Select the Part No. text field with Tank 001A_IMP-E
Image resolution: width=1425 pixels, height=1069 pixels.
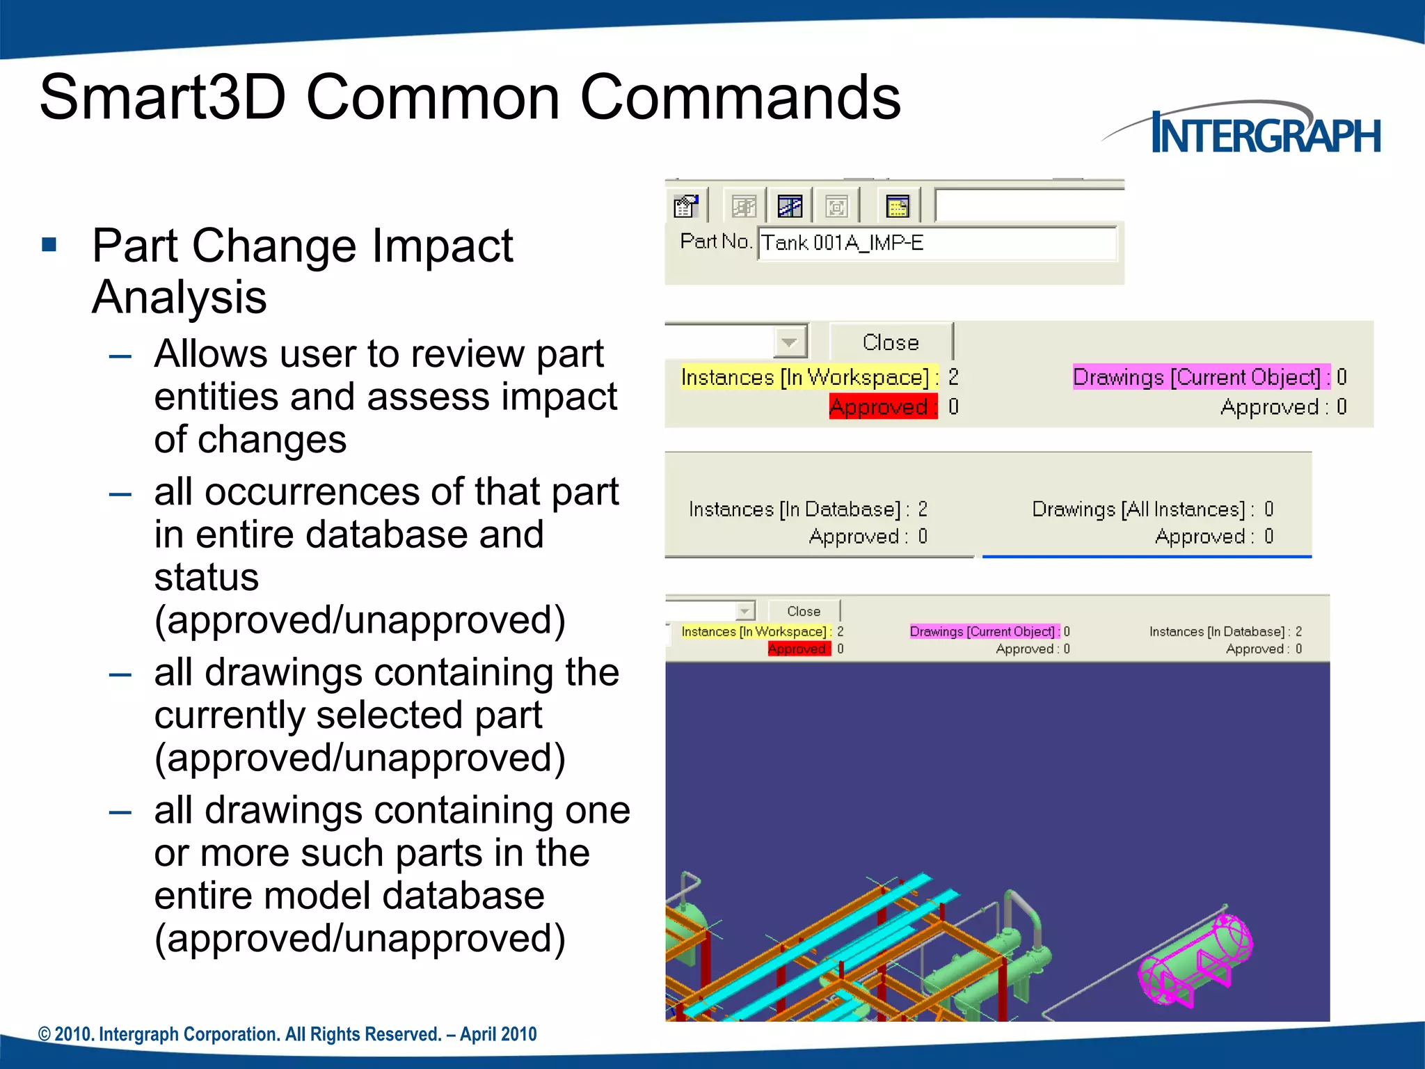pos(936,243)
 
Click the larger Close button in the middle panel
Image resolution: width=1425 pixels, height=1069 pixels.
pos(891,342)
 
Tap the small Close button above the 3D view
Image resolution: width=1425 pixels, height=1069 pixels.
pos(804,611)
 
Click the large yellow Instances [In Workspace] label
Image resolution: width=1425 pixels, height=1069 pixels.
pos(805,377)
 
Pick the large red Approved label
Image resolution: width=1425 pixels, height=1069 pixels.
pos(880,406)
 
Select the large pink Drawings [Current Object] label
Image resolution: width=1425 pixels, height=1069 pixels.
pos(1197,377)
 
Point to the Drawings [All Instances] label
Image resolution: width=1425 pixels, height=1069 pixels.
pos(1139,509)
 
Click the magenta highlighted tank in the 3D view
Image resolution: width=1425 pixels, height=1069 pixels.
pos(1195,960)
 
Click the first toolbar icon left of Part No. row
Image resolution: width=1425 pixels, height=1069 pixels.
pos(686,207)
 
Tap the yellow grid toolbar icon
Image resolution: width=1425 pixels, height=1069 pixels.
pos(898,207)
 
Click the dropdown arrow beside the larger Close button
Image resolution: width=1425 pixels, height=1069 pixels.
pos(789,342)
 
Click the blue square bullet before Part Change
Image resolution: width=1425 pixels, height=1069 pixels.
pos(49,244)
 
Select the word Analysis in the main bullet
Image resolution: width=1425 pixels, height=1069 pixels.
pos(179,297)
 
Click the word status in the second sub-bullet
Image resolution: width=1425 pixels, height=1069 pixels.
pos(206,577)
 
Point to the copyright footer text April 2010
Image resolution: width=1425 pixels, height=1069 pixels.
pos(498,1034)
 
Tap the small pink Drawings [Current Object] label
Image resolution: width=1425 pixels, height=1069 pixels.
pos(982,631)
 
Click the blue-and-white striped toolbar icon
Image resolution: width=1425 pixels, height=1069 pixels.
pos(790,207)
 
